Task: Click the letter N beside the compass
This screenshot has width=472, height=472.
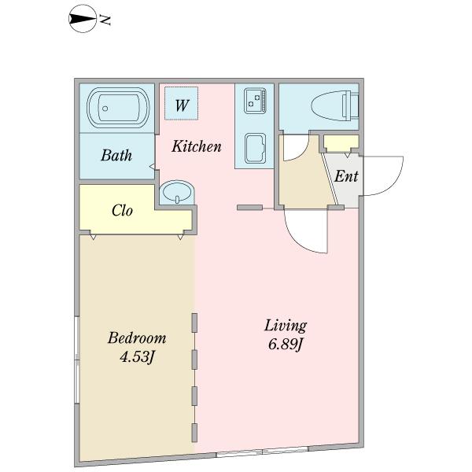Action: pyautogui.click(x=105, y=20)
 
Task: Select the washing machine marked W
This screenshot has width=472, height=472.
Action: pyautogui.click(x=181, y=103)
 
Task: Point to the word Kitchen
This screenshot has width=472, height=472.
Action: pyautogui.click(x=196, y=146)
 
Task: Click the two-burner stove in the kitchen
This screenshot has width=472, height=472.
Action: pyautogui.click(x=255, y=101)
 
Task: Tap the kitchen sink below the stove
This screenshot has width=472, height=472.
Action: pyautogui.click(x=255, y=149)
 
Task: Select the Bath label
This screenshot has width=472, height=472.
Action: pyautogui.click(x=116, y=155)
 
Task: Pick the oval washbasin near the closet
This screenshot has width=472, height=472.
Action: pyautogui.click(x=177, y=193)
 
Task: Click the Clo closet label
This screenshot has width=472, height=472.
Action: pyautogui.click(x=122, y=210)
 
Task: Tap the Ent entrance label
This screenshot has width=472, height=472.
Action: pyautogui.click(x=346, y=176)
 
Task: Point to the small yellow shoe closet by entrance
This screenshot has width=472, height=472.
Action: pyautogui.click(x=341, y=144)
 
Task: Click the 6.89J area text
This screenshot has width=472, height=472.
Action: pyautogui.click(x=285, y=344)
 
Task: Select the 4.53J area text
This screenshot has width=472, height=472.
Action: pyautogui.click(x=137, y=357)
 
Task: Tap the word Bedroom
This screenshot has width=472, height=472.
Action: pyautogui.click(x=137, y=338)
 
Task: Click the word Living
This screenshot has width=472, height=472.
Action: pyautogui.click(x=286, y=326)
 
